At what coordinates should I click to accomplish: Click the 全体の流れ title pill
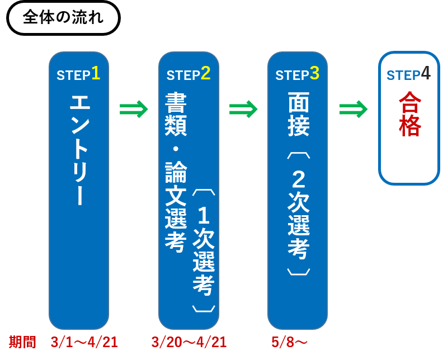pos(63,17)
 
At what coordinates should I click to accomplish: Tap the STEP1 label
pos(78,74)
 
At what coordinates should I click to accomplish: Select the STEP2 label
pos(188,74)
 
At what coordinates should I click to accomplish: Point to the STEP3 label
pos(297,74)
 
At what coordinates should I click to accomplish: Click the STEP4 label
pos(408,74)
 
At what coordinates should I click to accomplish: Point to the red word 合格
pos(410,114)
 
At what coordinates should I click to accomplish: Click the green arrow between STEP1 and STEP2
pos(134,109)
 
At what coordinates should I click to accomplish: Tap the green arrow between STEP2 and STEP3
pos(243,109)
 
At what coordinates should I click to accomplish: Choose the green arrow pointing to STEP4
pos(354,109)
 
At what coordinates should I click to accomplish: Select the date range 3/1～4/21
pos(84,342)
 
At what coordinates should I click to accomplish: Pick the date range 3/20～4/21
pos(188,342)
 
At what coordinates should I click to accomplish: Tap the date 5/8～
pos(289,342)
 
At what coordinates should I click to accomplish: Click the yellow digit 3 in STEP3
pos(314,73)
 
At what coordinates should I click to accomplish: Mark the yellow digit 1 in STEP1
pos(96,73)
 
